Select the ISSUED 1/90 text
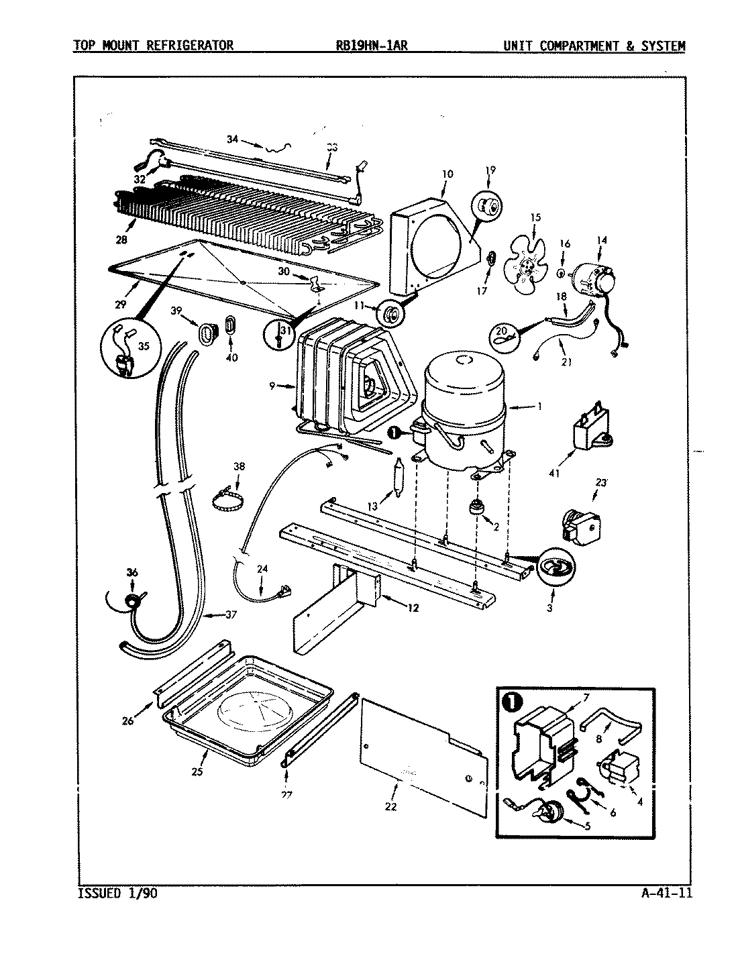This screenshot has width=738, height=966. (x=118, y=893)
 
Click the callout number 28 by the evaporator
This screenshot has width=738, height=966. (x=120, y=239)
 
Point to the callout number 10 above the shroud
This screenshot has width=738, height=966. (x=447, y=174)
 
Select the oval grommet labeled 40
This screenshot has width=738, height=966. (x=230, y=325)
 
